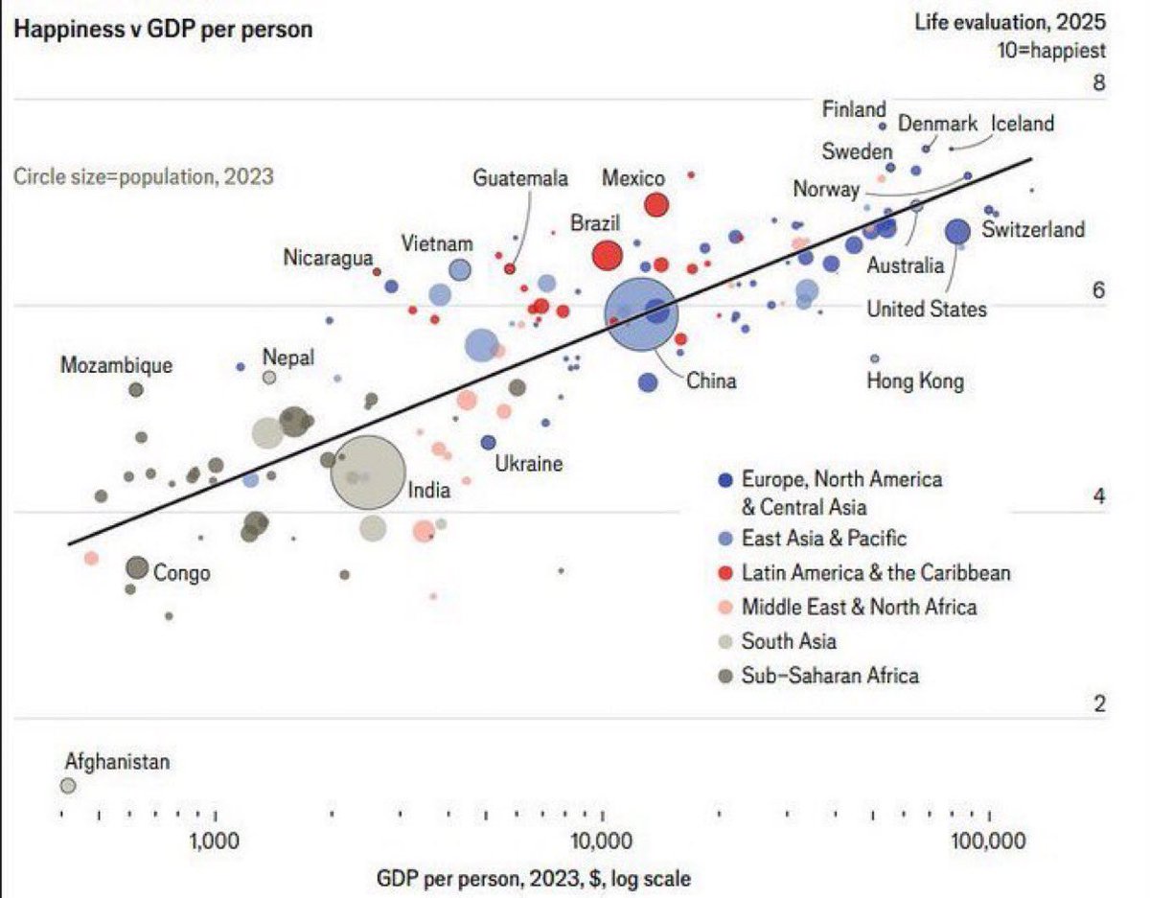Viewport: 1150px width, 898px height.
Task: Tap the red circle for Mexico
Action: click(656, 204)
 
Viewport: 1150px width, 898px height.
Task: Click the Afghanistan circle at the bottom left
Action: click(68, 786)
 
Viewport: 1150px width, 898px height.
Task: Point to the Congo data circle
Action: click(137, 568)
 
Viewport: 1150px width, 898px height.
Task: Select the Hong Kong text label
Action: click(914, 381)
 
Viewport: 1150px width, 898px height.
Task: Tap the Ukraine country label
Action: click(529, 464)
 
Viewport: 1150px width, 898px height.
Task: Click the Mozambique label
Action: click(116, 365)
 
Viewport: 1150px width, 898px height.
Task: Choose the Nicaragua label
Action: click(328, 258)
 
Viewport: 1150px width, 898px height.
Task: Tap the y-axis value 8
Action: click(1099, 82)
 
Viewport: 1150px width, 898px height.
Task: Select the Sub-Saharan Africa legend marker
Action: click(725, 677)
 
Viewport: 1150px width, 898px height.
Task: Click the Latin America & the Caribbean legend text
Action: click(876, 573)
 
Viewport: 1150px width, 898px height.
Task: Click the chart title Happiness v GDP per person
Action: click(162, 29)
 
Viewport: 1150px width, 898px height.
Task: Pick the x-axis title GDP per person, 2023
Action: click(532, 878)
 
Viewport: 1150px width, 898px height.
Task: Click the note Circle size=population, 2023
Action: click(144, 176)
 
